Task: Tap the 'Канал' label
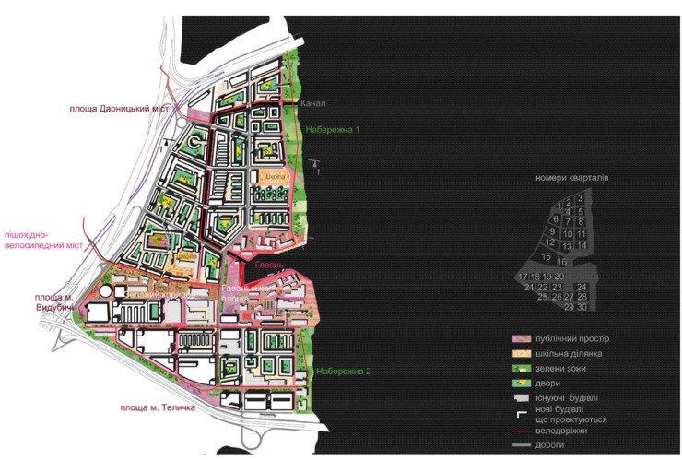pyautogui.click(x=313, y=104)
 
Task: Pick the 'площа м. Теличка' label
pyautogui.click(x=158, y=407)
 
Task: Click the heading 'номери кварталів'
pyautogui.click(x=570, y=177)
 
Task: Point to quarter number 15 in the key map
pyautogui.click(x=547, y=255)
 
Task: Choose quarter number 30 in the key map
pyautogui.click(x=582, y=307)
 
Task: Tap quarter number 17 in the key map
pyautogui.click(x=523, y=277)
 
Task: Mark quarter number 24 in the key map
pyautogui.click(x=582, y=287)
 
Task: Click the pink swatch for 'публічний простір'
pyautogui.click(x=524, y=339)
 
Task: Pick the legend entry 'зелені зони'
pyautogui.click(x=562, y=370)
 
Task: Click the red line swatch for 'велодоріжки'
pyautogui.click(x=524, y=431)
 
